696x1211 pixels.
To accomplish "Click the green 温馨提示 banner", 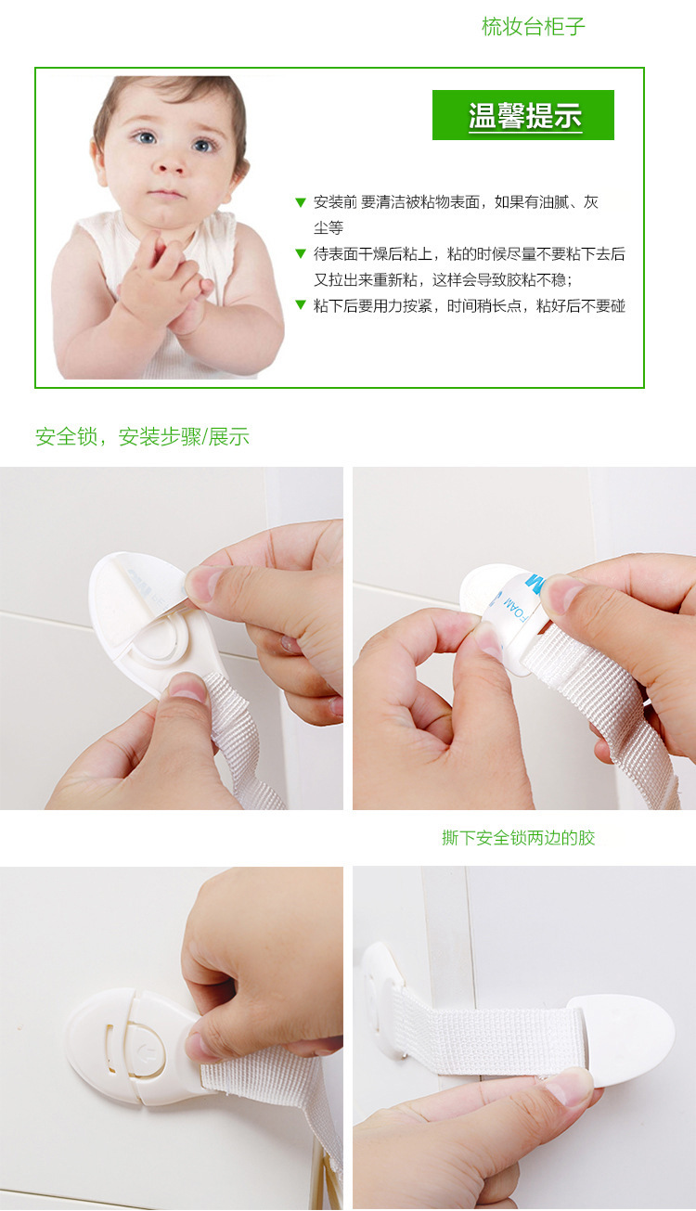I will click(523, 115).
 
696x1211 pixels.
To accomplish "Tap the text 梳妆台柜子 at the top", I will click(533, 27).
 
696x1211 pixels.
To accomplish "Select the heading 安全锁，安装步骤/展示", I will click(142, 437).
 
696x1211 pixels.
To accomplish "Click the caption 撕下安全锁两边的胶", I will click(518, 838).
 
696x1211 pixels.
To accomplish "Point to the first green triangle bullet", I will click(300, 202).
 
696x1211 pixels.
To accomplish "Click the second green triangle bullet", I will click(300, 253).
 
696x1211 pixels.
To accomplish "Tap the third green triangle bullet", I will click(300, 305).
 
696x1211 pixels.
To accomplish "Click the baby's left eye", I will click(204, 145).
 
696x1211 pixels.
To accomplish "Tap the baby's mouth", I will click(167, 194).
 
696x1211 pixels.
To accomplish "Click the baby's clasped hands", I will click(167, 278).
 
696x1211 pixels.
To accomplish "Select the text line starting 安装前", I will click(455, 202).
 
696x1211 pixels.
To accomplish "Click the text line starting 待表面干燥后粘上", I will click(469, 253).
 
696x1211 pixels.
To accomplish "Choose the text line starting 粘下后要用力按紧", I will click(469, 305).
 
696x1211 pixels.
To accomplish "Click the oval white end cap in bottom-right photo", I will click(622, 1038).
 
